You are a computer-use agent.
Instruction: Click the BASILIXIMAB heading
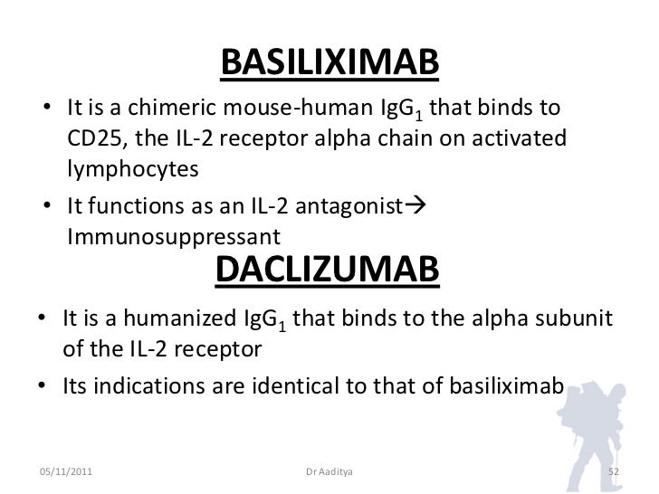pyautogui.click(x=329, y=63)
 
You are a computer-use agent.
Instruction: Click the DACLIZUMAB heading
pyautogui.click(x=329, y=269)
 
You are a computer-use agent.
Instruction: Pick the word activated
pyautogui.click(x=511, y=141)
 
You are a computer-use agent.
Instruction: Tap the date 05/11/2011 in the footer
pyautogui.click(x=65, y=471)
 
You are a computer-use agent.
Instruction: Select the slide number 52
pyautogui.click(x=612, y=471)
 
